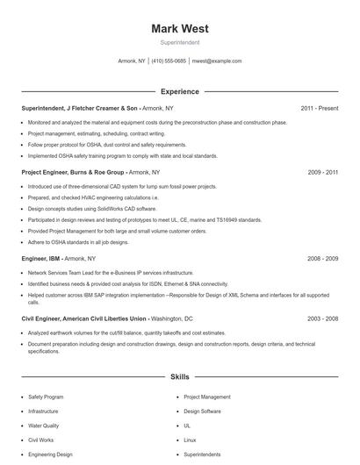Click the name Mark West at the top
tap(179, 29)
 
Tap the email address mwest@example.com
tap(217, 61)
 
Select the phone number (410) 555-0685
tap(169, 61)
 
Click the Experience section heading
tap(179, 91)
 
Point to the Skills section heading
tap(179, 376)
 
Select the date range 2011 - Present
tap(320, 108)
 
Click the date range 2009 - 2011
tap(322, 173)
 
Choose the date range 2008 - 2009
tap(322, 259)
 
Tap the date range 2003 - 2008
tap(322, 319)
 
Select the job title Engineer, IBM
tap(40, 259)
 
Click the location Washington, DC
tap(172, 319)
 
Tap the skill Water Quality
tap(45, 425)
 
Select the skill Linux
tap(190, 439)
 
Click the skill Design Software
tap(202, 411)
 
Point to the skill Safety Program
tap(46, 397)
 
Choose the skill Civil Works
tap(41, 439)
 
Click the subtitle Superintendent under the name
tap(179, 42)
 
